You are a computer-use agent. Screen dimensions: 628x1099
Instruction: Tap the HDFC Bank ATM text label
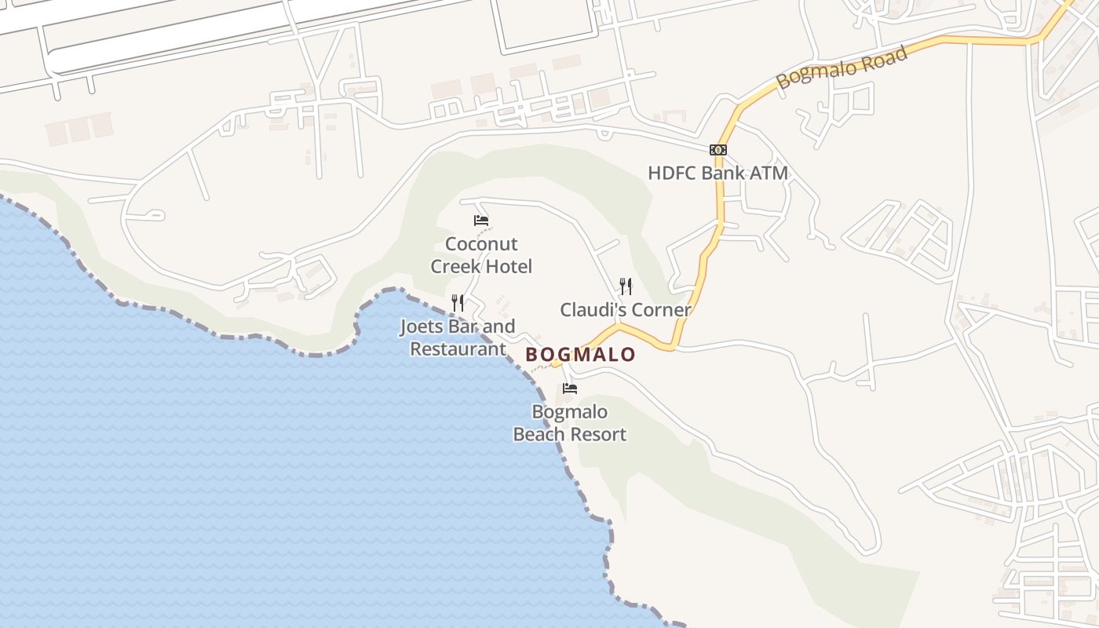[x=717, y=173]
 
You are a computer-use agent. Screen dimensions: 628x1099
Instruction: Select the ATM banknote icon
[x=717, y=150]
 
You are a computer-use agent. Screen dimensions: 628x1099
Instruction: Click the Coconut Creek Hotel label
[x=481, y=255]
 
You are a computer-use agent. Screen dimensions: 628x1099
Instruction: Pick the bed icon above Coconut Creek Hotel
[x=481, y=221]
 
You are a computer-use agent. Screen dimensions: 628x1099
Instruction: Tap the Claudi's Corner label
[x=626, y=310]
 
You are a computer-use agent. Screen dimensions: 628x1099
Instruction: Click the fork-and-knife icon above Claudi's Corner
[x=626, y=286]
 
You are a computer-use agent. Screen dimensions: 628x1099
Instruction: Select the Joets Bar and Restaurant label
[x=458, y=338]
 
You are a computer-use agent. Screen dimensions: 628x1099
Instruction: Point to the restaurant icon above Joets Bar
[x=458, y=302]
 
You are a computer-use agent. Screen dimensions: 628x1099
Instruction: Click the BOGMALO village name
[x=580, y=355]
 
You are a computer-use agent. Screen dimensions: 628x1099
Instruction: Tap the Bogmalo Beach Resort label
[x=570, y=423]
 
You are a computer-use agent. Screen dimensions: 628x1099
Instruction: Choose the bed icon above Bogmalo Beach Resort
[x=570, y=389]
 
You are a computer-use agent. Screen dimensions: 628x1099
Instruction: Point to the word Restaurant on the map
[x=458, y=349]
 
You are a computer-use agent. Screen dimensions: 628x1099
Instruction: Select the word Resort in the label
[x=601, y=435]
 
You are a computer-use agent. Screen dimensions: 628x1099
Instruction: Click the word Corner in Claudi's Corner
[x=661, y=310]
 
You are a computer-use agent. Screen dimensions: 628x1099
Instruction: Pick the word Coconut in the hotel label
[x=481, y=244]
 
